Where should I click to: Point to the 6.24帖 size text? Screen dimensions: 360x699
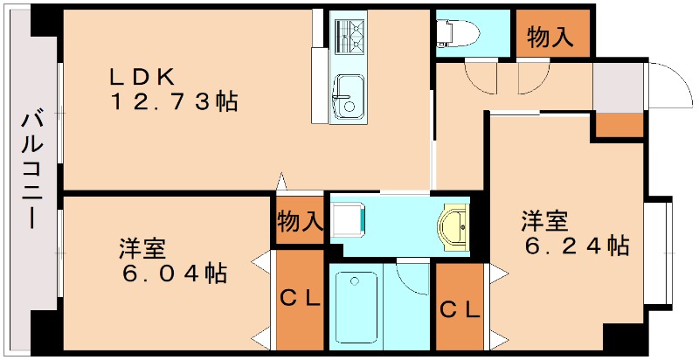pyautogui.click(x=576, y=246)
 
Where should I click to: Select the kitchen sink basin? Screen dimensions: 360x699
pyautogui.click(x=349, y=93)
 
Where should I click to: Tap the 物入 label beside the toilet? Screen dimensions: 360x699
pyautogui.click(x=550, y=37)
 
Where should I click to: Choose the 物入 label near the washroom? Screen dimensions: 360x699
pyautogui.click(x=299, y=221)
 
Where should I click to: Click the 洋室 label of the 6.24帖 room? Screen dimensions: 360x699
pyautogui.click(x=546, y=219)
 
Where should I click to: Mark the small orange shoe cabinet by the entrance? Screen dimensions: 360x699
pyautogui.click(x=619, y=125)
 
